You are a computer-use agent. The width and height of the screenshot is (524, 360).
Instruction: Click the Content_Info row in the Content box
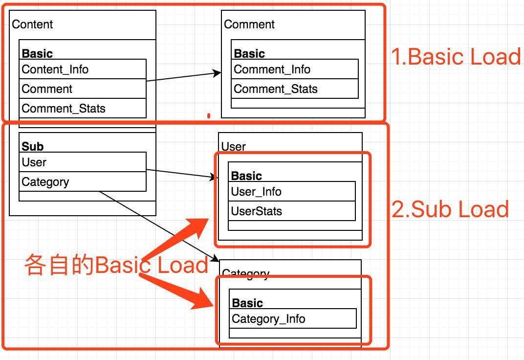[x=83, y=69]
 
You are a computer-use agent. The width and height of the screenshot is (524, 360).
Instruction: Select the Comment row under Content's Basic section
[x=83, y=89]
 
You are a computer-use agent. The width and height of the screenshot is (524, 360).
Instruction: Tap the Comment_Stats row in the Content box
[x=83, y=109]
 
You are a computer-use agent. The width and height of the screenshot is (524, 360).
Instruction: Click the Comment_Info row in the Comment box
[x=295, y=69]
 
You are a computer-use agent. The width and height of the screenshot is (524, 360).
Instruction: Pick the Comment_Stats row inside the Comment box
[x=295, y=89]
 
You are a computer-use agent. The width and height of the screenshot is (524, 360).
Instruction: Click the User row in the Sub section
[x=83, y=162]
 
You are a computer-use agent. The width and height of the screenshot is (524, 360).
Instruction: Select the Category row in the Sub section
[x=83, y=182]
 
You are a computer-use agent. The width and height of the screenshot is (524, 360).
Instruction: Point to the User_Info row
[x=292, y=192]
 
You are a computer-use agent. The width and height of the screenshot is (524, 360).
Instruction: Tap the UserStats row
[x=292, y=211]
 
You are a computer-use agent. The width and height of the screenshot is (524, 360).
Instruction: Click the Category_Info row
[x=293, y=319]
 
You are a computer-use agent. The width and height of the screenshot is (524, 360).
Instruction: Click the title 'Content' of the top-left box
[x=32, y=24]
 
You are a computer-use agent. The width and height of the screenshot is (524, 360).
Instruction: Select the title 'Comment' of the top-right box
[x=249, y=24]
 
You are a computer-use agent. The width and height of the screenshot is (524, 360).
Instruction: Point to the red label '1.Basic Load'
[x=456, y=57]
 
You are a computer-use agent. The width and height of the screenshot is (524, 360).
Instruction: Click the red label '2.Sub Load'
[x=450, y=209]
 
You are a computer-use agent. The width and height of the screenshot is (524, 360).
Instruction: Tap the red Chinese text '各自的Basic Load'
[x=116, y=265]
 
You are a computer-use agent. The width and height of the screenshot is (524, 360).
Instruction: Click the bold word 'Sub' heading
[x=32, y=147]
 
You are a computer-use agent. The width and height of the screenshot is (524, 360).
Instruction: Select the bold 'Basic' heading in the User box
[x=246, y=176]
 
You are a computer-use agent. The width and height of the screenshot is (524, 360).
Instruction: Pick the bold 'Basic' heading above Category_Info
[x=247, y=303]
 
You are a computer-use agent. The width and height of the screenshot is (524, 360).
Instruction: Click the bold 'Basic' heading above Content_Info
[x=37, y=54]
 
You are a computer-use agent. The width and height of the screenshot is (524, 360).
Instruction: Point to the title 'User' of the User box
[x=234, y=147]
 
